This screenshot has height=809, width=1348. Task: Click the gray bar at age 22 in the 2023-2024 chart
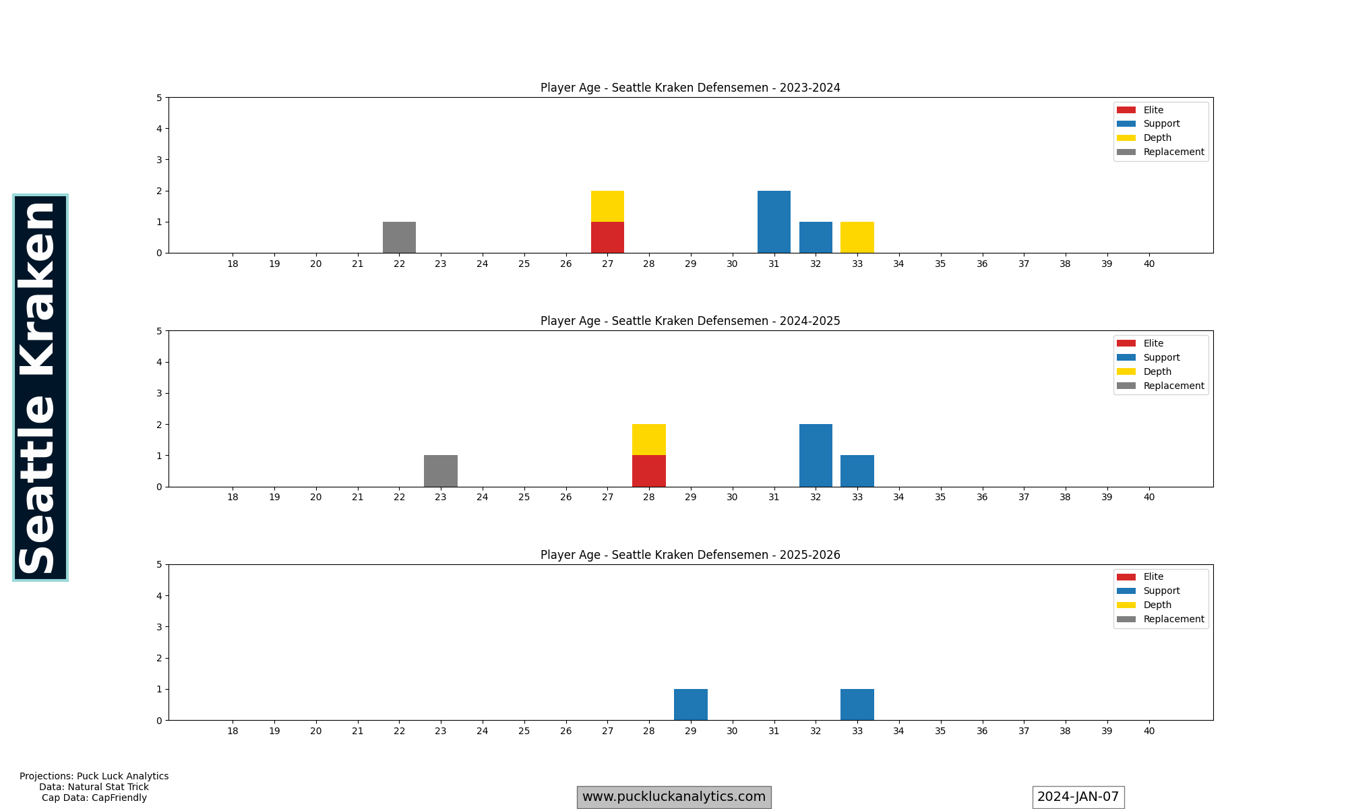[399, 237]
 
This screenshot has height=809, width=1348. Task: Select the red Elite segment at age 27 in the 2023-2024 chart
[607, 237]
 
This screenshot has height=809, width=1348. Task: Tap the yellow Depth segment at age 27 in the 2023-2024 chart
[607, 206]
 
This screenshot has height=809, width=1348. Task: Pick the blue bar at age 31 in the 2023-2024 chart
[774, 222]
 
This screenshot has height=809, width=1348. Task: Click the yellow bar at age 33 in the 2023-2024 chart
[857, 237]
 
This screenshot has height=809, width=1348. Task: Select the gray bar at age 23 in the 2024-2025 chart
[441, 471]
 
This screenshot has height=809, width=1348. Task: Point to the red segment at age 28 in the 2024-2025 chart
[649, 471]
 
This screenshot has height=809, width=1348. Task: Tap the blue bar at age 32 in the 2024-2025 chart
[816, 455]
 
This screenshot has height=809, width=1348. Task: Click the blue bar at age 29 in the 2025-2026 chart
[691, 705]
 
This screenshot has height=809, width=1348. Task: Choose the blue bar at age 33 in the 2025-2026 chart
[857, 705]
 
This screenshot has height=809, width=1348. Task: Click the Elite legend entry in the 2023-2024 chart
[1153, 110]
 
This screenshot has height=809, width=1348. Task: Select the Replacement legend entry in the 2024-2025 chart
[1173, 386]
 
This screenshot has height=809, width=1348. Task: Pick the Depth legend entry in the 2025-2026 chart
[1157, 605]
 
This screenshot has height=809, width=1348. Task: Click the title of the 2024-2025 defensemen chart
[690, 321]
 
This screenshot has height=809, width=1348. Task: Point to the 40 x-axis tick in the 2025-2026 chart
[1148, 731]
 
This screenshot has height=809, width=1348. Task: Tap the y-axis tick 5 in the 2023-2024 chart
[159, 98]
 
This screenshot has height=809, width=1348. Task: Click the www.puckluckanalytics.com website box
[673, 797]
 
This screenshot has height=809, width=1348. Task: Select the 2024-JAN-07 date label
[1078, 797]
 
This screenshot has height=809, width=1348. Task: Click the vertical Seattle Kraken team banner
[40, 388]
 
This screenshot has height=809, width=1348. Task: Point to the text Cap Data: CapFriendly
[94, 798]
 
